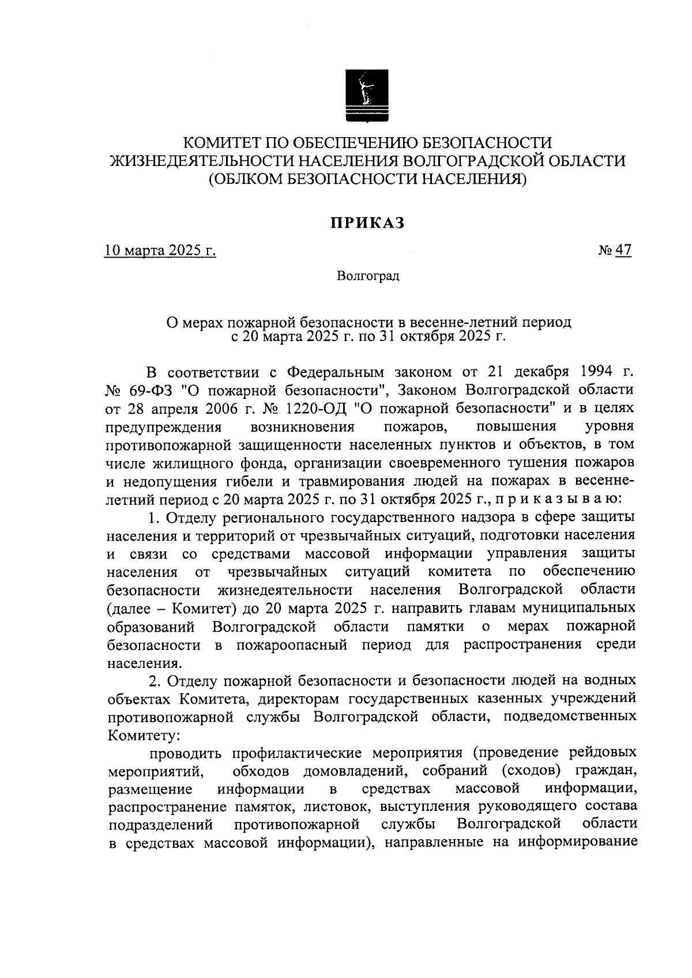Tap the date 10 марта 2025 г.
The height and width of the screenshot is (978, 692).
pyautogui.click(x=160, y=251)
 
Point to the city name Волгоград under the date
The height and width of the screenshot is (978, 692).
pyautogui.click(x=368, y=276)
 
